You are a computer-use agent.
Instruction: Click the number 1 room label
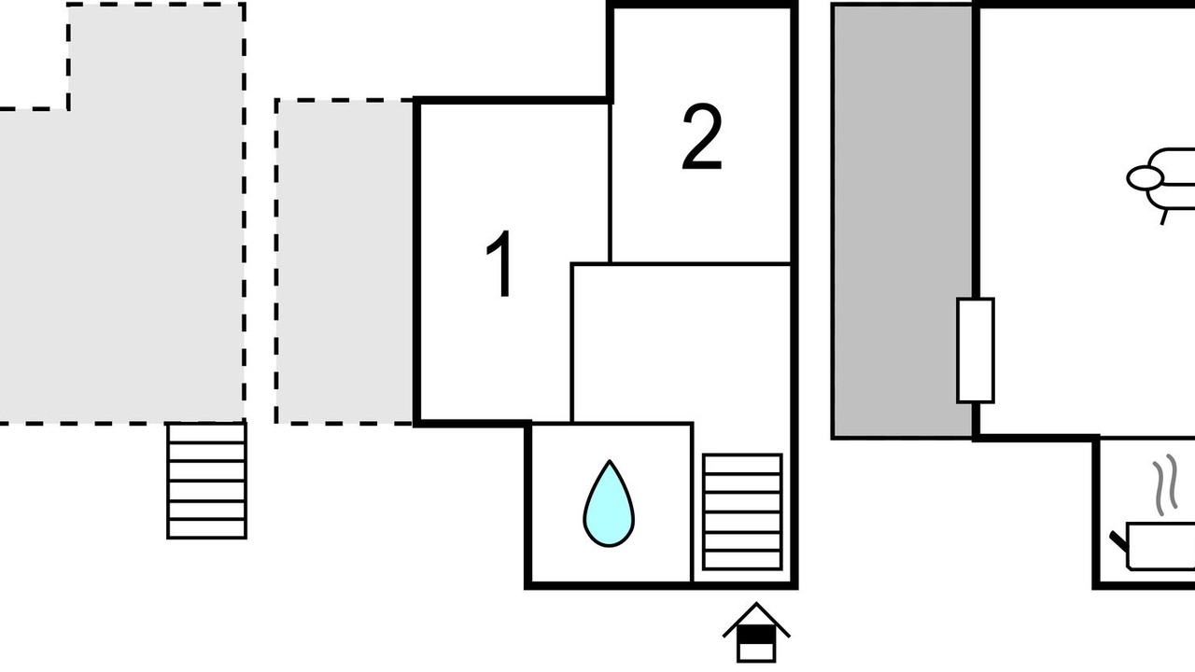[x=501, y=266]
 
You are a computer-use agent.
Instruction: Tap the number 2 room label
[x=702, y=139]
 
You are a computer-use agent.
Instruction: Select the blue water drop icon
[x=609, y=506]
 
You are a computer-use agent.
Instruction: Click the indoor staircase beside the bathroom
[x=742, y=511]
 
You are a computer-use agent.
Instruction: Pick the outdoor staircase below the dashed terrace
[x=206, y=480]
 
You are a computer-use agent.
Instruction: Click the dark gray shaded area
[x=902, y=220]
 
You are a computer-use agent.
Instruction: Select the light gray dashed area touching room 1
[x=345, y=261]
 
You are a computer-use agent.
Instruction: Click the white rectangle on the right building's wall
[x=976, y=350]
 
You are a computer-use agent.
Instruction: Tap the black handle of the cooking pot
[x=1118, y=539]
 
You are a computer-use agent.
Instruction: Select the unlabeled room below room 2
[x=682, y=341]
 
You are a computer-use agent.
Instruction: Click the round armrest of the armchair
[x=1145, y=177]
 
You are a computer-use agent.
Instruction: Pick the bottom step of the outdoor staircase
[x=206, y=528]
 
